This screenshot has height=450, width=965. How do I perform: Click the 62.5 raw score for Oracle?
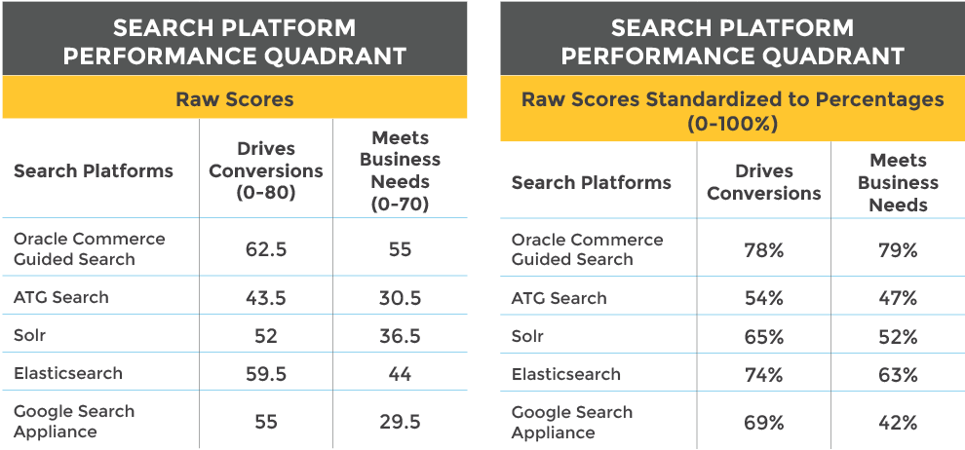[266, 249]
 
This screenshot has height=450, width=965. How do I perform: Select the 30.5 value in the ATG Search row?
[400, 297]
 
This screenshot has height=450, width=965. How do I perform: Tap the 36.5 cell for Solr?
[400, 336]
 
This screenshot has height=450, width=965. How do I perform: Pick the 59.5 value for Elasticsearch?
[266, 374]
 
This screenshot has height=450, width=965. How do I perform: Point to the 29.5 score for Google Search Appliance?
[400, 422]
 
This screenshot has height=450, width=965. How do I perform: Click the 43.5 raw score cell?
[266, 297]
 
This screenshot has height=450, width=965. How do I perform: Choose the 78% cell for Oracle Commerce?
[764, 250]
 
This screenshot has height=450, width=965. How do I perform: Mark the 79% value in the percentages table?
[898, 250]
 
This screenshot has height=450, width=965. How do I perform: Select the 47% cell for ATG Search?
[898, 298]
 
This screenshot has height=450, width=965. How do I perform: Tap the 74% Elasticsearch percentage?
[764, 375]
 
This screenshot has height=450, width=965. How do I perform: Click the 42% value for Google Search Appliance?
[898, 423]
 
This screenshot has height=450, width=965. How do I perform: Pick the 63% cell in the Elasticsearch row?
[898, 375]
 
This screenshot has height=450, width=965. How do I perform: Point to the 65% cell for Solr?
[764, 337]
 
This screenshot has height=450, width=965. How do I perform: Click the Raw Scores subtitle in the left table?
[235, 99]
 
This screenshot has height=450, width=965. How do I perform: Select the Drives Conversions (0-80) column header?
[266, 170]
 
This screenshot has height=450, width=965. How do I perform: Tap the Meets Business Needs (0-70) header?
[400, 170]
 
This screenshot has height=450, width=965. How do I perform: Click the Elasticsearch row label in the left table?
[67, 373]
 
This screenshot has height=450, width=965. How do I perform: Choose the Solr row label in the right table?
[527, 336]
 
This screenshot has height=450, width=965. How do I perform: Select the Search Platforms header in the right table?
[591, 182]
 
